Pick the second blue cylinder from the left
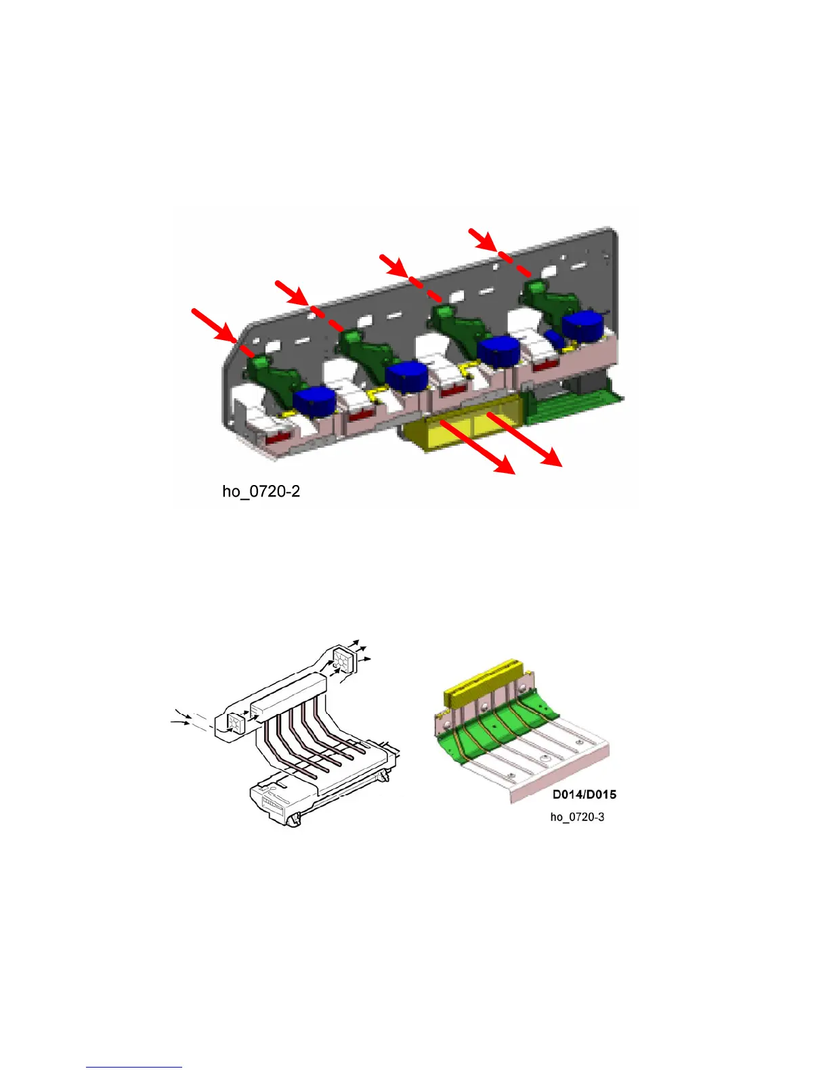tap(406, 375)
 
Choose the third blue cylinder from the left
tap(498, 350)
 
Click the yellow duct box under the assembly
tap(461, 432)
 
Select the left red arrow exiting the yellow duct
tap(477, 447)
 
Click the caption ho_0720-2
tap(261, 491)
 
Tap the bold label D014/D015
tap(584, 795)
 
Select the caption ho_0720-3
tap(577, 817)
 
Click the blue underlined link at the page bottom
tap(134, 1067)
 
